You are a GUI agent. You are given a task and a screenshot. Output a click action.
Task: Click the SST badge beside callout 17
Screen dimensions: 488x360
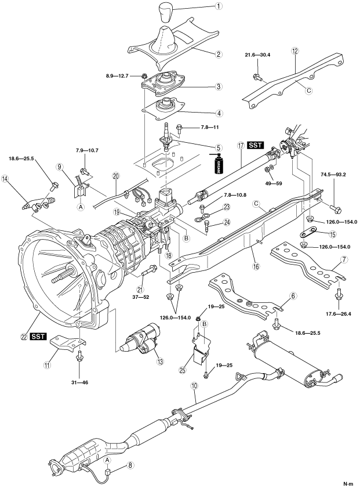[256, 143]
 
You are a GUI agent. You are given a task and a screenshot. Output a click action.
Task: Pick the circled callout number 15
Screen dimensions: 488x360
[332, 234]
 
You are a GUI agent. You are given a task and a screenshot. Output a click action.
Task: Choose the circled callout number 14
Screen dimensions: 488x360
[6, 179]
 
